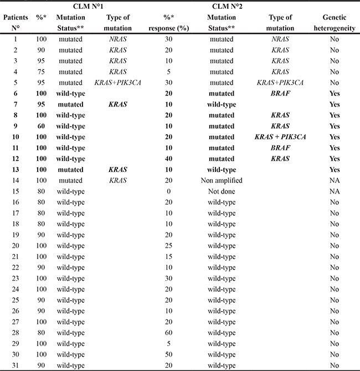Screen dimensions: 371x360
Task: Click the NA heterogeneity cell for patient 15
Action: click(333, 191)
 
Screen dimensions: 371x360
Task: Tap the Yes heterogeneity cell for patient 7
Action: click(333, 105)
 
